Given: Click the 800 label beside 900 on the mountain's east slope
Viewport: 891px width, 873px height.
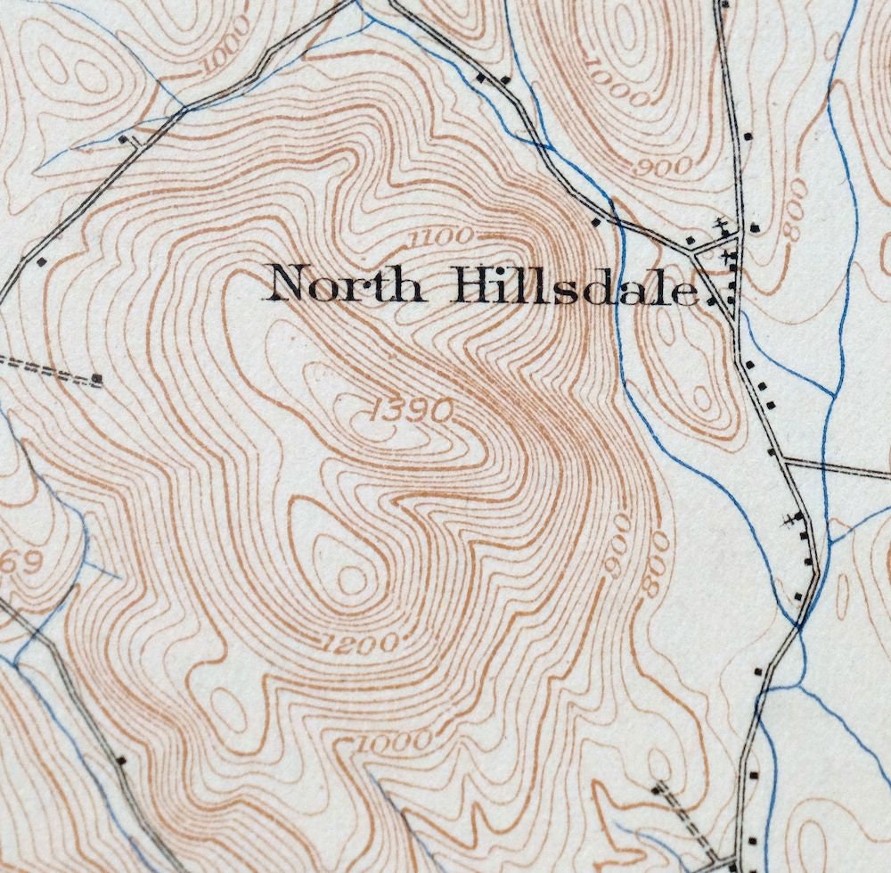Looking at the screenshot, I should tap(657, 561).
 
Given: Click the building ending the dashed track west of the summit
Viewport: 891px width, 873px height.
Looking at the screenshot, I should tap(96, 380).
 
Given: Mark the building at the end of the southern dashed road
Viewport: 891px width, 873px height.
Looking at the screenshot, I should tap(658, 787).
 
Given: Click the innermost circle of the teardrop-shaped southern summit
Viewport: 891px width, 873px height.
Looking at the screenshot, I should tap(353, 581).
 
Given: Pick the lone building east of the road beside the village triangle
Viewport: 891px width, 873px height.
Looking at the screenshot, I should tap(755, 227).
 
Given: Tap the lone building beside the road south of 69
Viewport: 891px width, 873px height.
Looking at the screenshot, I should tap(121, 761).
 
